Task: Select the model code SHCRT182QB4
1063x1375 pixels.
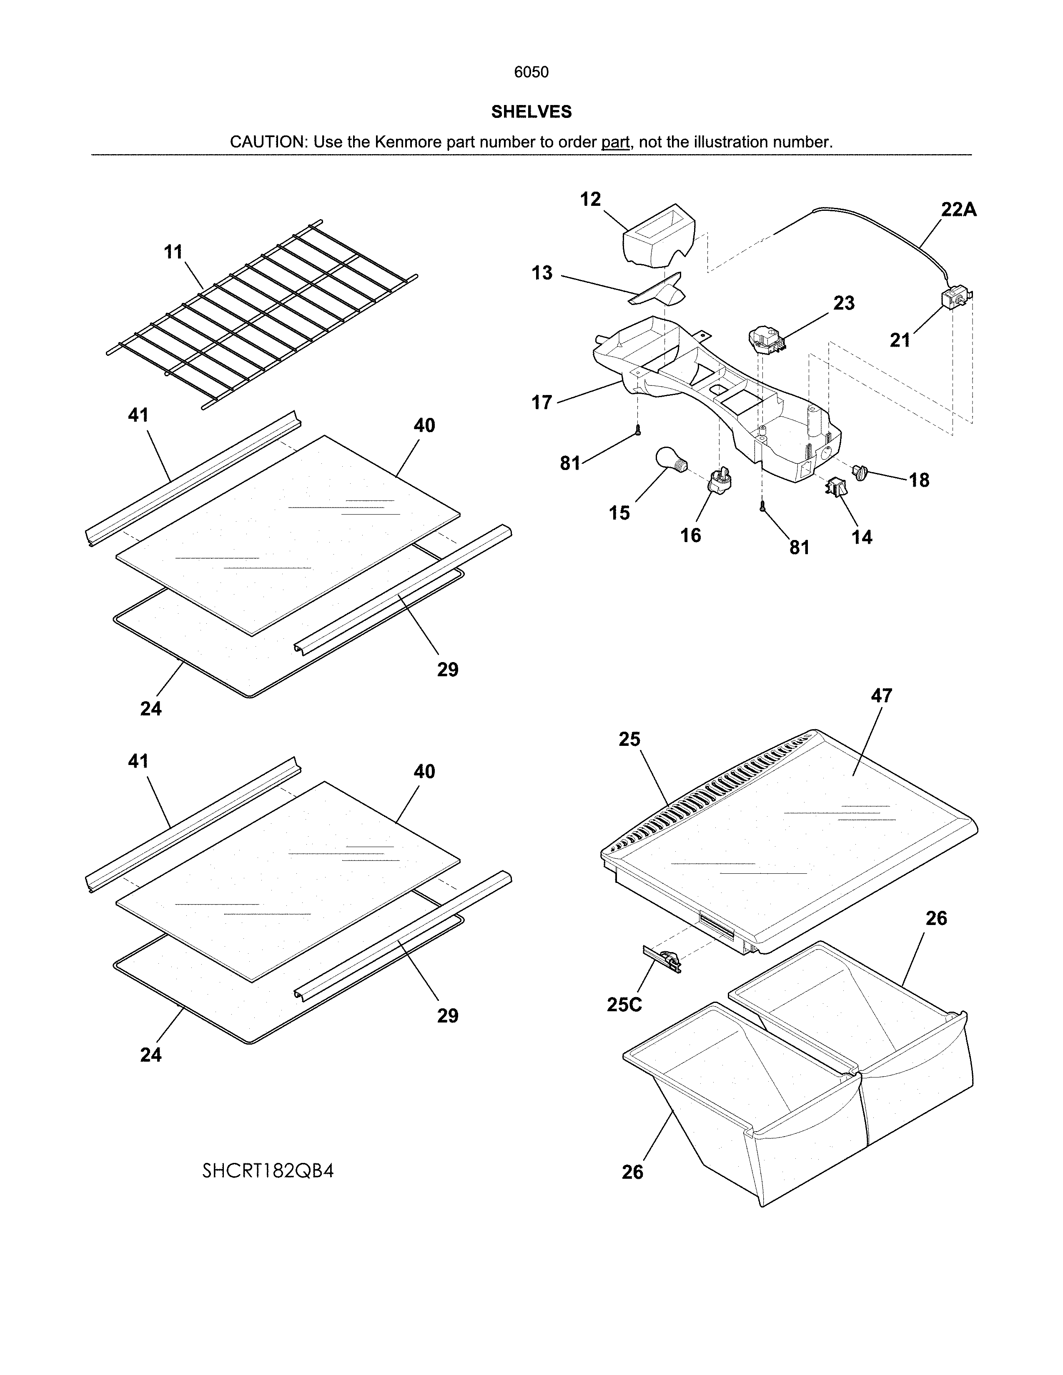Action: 268,1171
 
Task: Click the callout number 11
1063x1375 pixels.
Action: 173,252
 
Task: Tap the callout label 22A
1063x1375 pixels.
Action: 958,210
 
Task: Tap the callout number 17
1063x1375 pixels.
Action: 542,402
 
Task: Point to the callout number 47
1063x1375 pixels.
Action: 882,696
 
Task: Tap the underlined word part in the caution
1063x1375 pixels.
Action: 615,142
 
